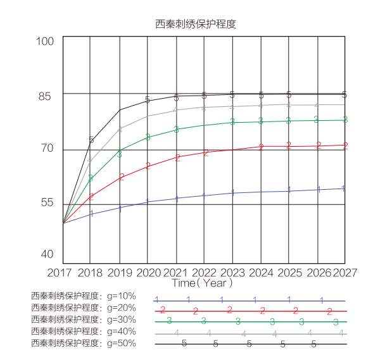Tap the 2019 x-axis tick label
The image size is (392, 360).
[x=119, y=272]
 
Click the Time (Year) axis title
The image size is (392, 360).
[x=203, y=283]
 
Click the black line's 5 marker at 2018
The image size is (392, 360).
[x=91, y=140]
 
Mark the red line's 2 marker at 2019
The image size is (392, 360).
[x=122, y=177]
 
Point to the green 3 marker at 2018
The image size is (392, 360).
[x=91, y=178]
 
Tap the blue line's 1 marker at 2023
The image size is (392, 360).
[x=232, y=193]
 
